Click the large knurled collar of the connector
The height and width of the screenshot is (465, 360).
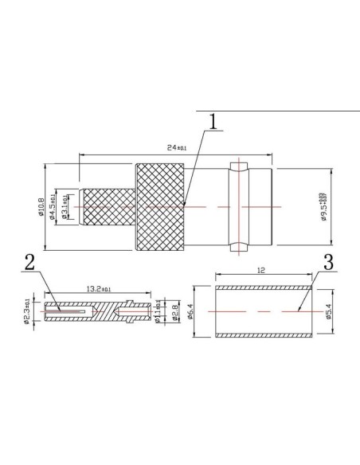[x=161, y=207]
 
